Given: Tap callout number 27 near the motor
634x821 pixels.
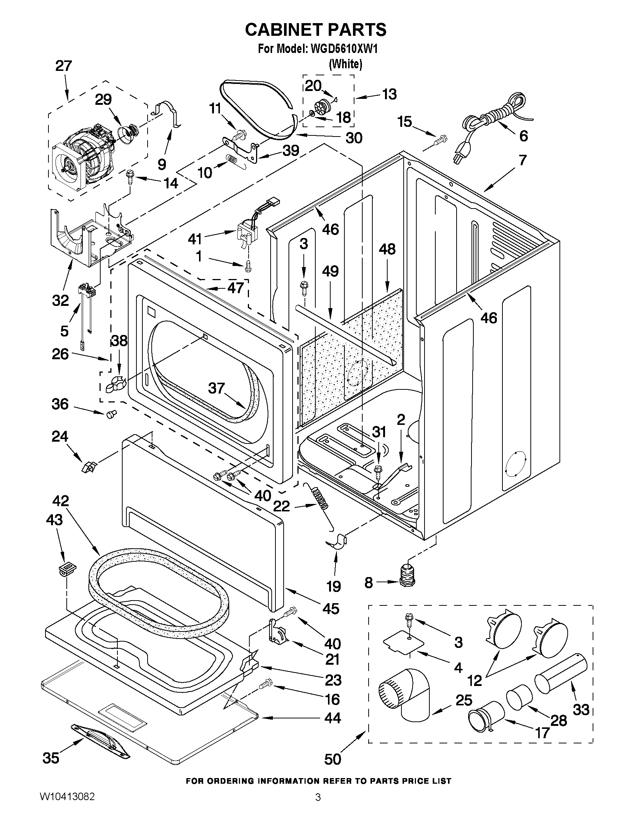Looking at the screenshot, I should pyautogui.click(x=63, y=66).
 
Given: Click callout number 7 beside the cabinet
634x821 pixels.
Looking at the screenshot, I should pyautogui.click(x=523, y=160).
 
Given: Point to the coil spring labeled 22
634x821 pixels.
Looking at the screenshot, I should pyautogui.click(x=320, y=498).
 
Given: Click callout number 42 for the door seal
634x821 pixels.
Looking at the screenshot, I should pyautogui.click(x=60, y=501).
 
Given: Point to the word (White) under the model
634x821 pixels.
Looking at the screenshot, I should pyautogui.click(x=346, y=64).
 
